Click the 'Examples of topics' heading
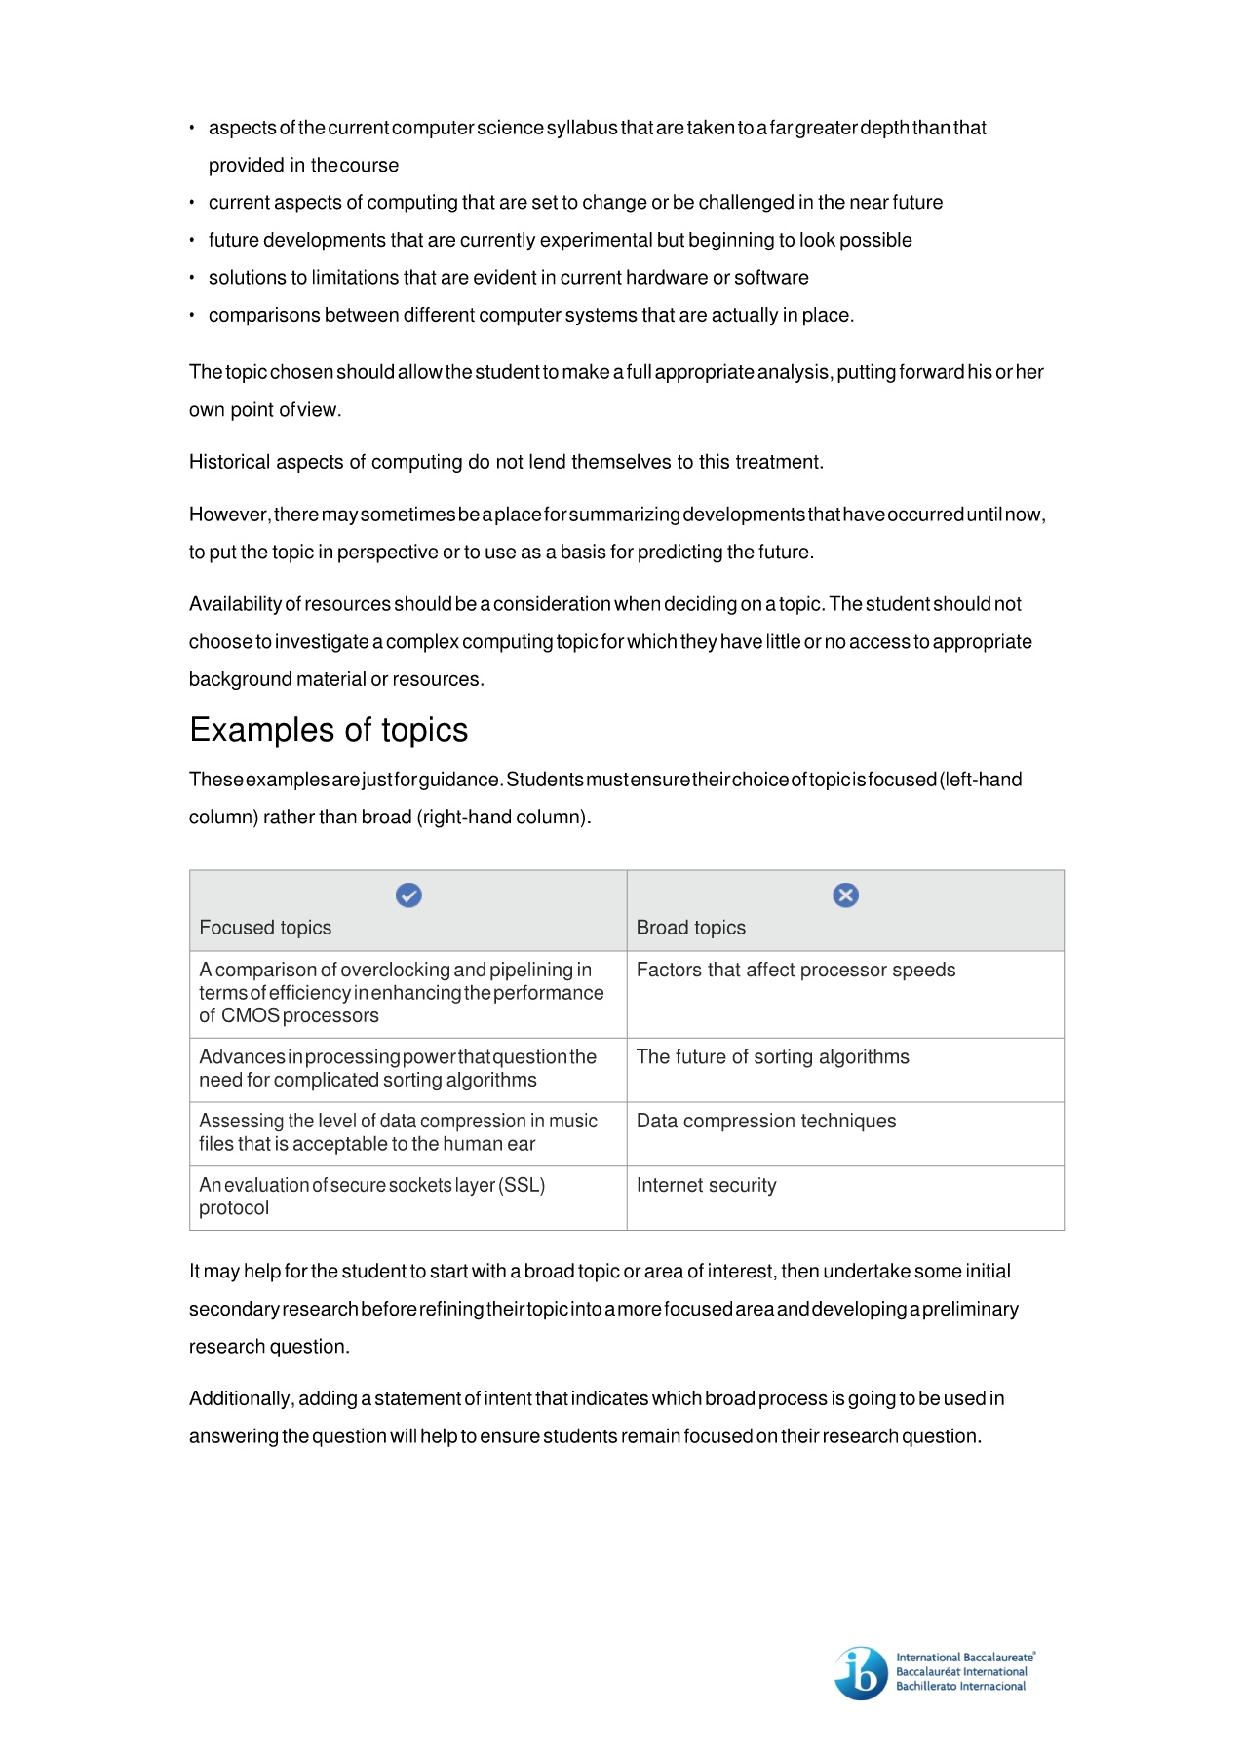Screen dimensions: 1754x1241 [x=329, y=730]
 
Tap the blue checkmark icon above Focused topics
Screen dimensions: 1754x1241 [x=408, y=895]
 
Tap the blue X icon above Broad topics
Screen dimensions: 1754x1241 [x=845, y=895]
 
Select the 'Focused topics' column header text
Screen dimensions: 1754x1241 [x=265, y=928]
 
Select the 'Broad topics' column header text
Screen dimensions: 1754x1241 [x=690, y=928]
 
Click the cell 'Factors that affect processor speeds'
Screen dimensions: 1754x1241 [x=795, y=970]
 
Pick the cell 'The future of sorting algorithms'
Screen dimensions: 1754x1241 [x=772, y=1057]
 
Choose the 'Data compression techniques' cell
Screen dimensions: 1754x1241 [x=765, y=1121]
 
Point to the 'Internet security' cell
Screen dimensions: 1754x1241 [x=706, y=1185]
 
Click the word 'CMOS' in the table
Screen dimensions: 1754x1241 [x=250, y=1015]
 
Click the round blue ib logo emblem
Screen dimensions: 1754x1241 [x=862, y=1673]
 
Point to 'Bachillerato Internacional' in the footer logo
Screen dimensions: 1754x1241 [x=960, y=1687]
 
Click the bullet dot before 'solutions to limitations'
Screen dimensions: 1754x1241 [x=192, y=278]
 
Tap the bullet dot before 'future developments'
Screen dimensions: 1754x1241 [x=192, y=240]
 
